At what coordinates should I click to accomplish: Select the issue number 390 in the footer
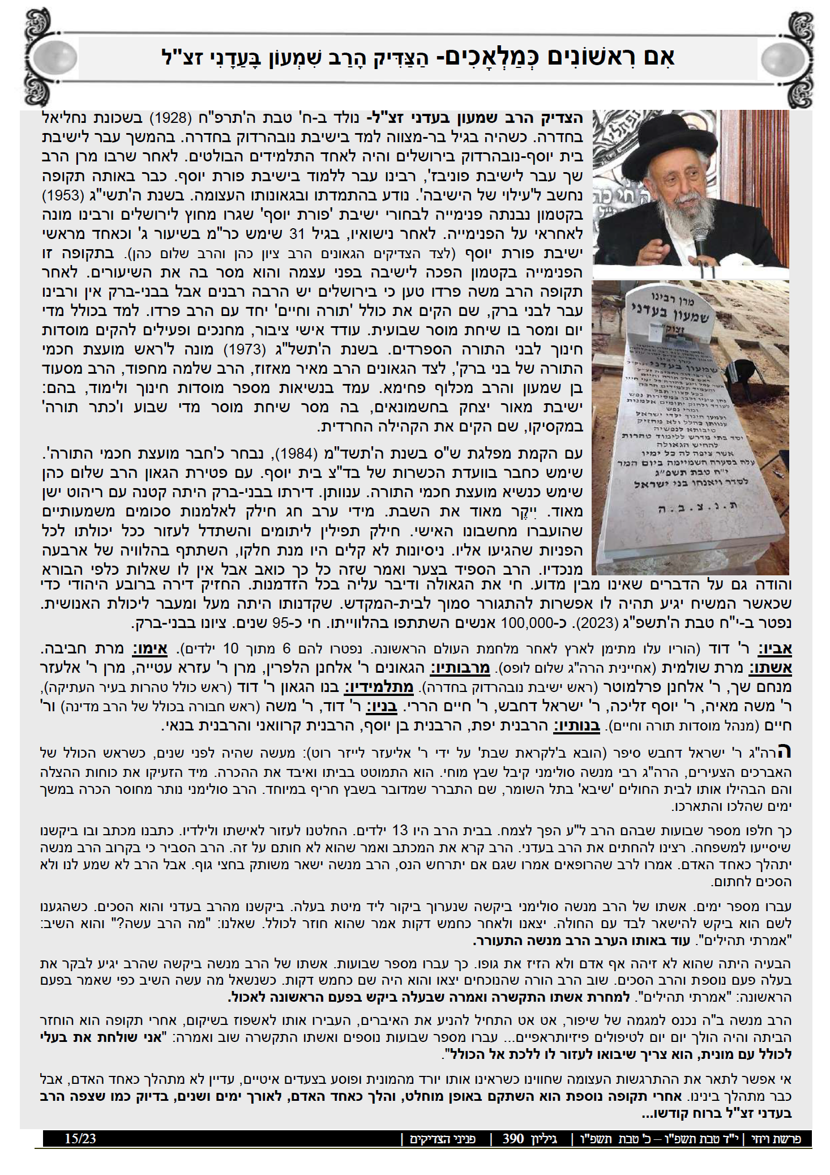click(513, 1138)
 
